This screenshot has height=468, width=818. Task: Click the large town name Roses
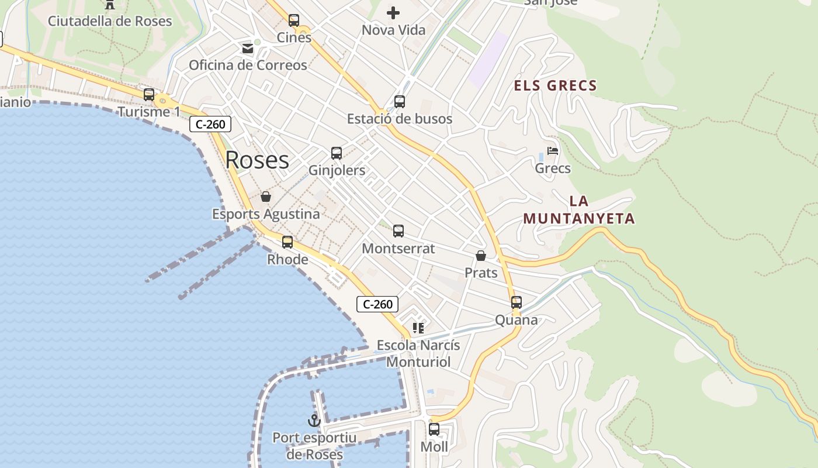pyautogui.click(x=257, y=160)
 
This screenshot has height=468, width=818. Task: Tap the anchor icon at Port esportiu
pyautogui.click(x=314, y=421)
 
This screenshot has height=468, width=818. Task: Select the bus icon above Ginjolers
pyautogui.click(x=337, y=153)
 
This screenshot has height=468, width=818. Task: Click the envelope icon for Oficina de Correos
pyautogui.click(x=248, y=48)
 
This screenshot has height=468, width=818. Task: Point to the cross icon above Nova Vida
pyautogui.click(x=393, y=12)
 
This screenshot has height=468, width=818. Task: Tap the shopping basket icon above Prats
pyautogui.click(x=481, y=256)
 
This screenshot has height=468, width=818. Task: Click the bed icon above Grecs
pyautogui.click(x=553, y=151)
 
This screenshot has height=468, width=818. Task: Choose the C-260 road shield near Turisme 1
pyautogui.click(x=210, y=124)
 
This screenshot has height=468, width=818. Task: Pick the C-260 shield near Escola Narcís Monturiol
pyautogui.click(x=377, y=304)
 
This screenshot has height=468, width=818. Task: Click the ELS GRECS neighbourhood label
pyautogui.click(x=555, y=86)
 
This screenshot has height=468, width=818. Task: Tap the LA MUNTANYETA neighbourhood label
pyautogui.click(x=578, y=210)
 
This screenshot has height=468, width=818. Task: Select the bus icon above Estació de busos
pyautogui.click(x=400, y=102)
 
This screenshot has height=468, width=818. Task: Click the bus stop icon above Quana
pyautogui.click(x=517, y=302)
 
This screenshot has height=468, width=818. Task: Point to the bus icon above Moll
pyautogui.click(x=434, y=429)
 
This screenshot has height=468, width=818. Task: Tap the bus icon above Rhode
pyautogui.click(x=287, y=242)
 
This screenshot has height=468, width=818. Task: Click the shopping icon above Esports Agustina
pyautogui.click(x=266, y=197)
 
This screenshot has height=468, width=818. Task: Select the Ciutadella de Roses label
pyautogui.click(x=110, y=21)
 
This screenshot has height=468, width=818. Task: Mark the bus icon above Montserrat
pyautogui.click(x=398, y=231)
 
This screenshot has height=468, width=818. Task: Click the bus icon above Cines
pyautogui.click(x=294, y=20)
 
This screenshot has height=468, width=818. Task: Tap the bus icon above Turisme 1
pyautogui.click(x=149, y=95)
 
